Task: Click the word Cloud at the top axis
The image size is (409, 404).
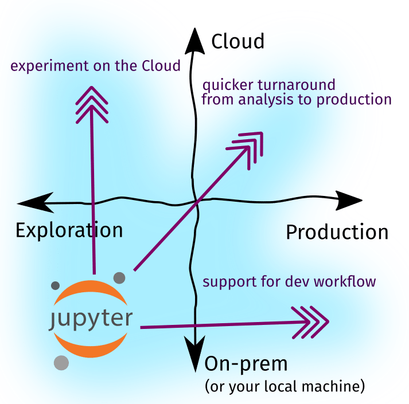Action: [238, 41]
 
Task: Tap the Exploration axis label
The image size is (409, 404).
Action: [69, 230]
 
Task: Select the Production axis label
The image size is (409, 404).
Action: [337, 233]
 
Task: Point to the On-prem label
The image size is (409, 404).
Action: [246, 364]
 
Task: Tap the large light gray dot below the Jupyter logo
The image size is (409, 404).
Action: [61, 363]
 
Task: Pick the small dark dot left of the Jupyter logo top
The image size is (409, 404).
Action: [56, 285]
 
